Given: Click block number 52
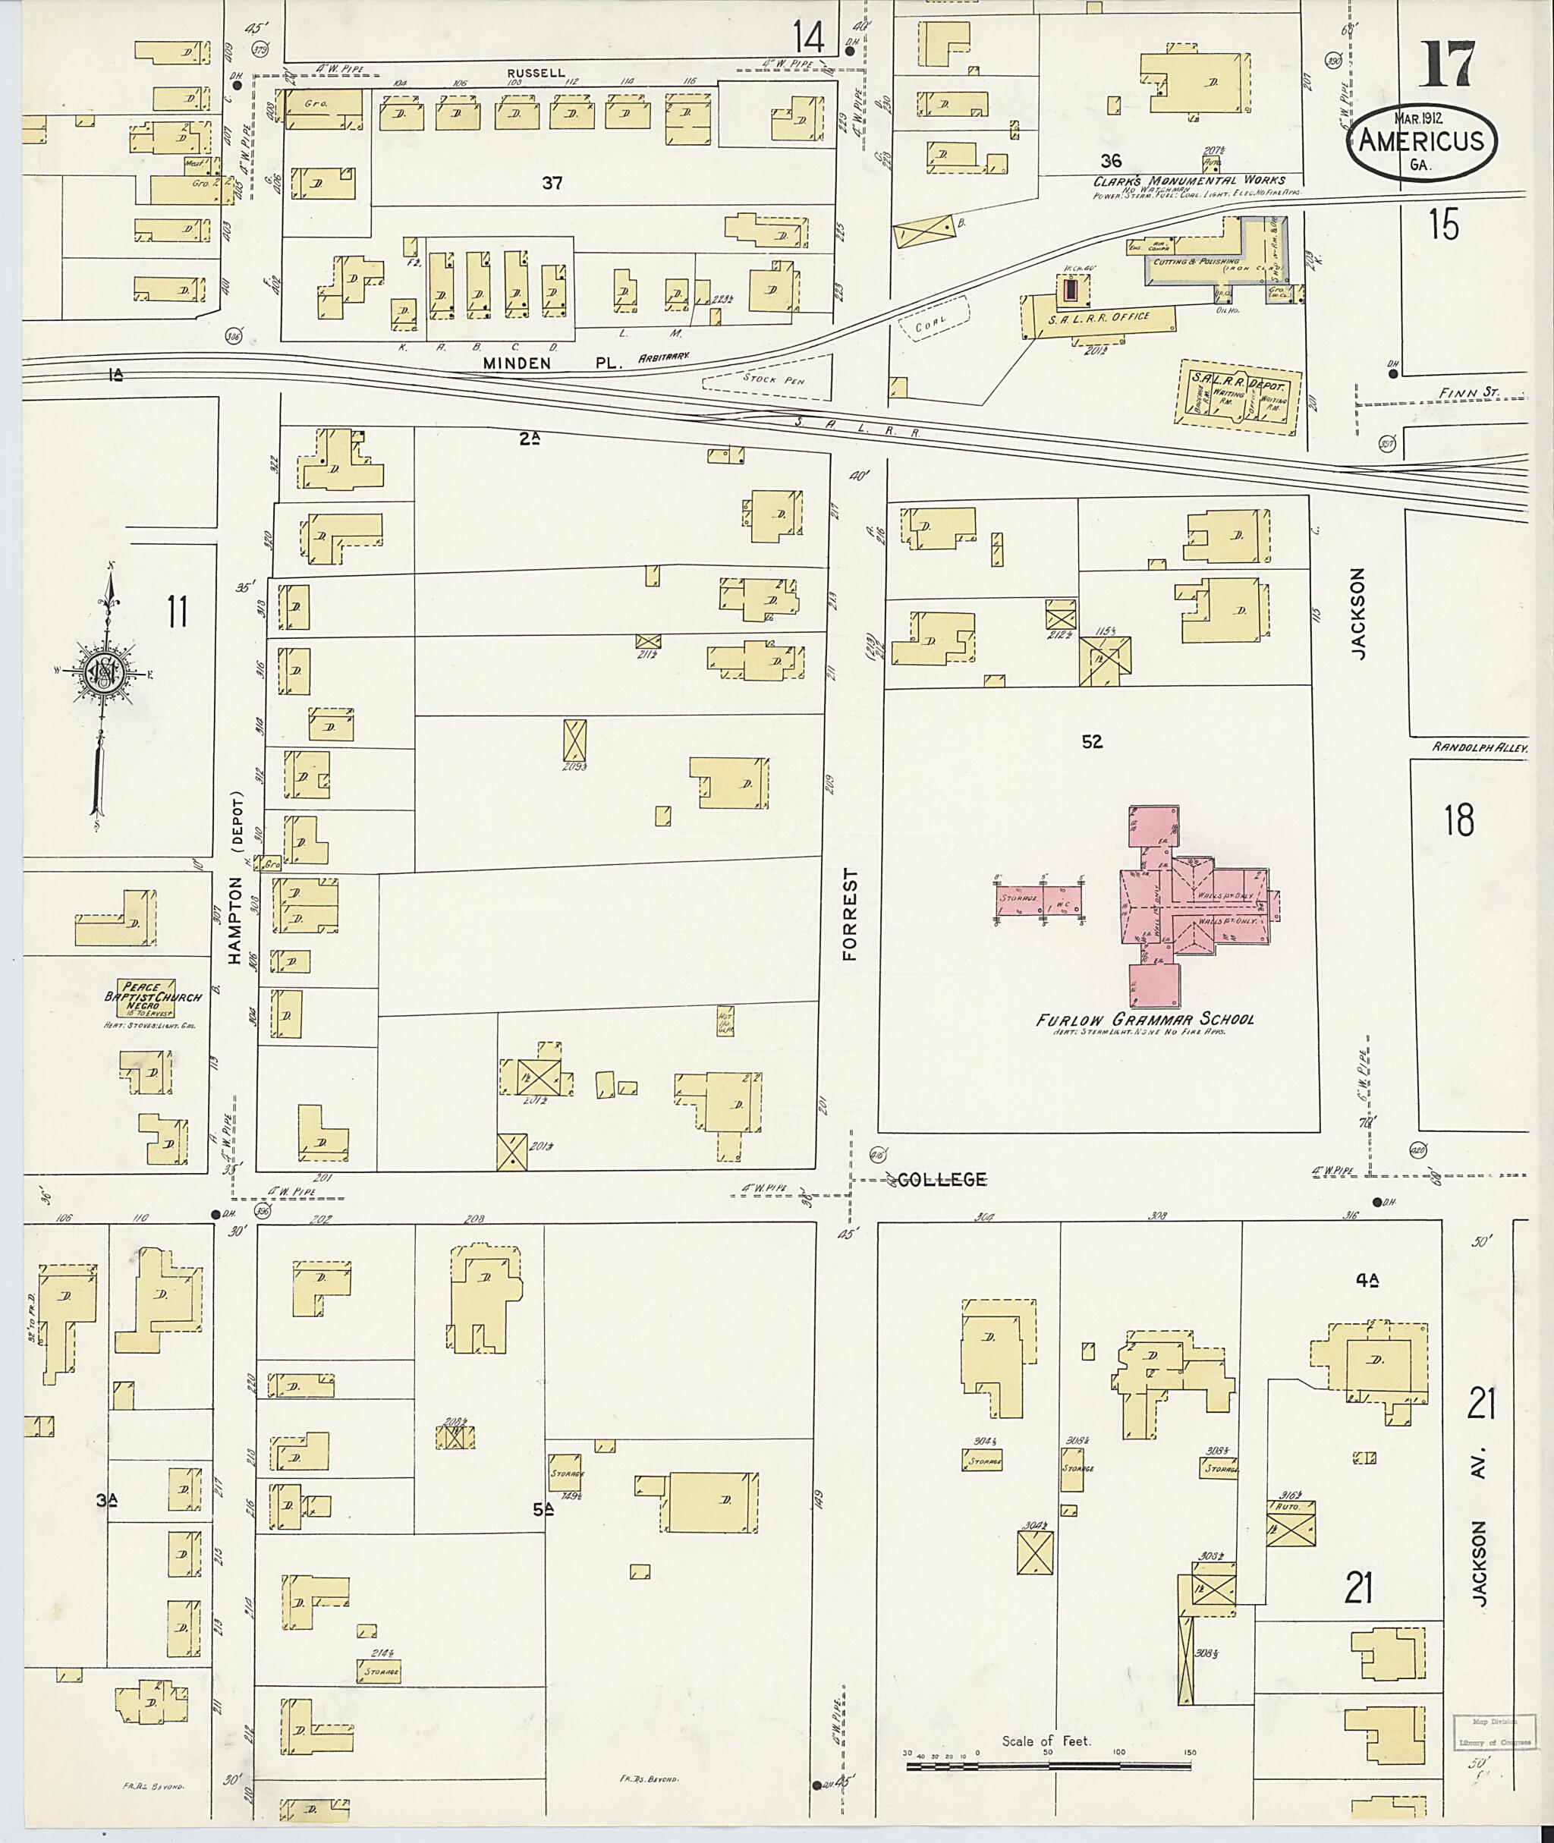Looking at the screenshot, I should point(1091,742).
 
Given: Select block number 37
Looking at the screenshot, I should point(552,184).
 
